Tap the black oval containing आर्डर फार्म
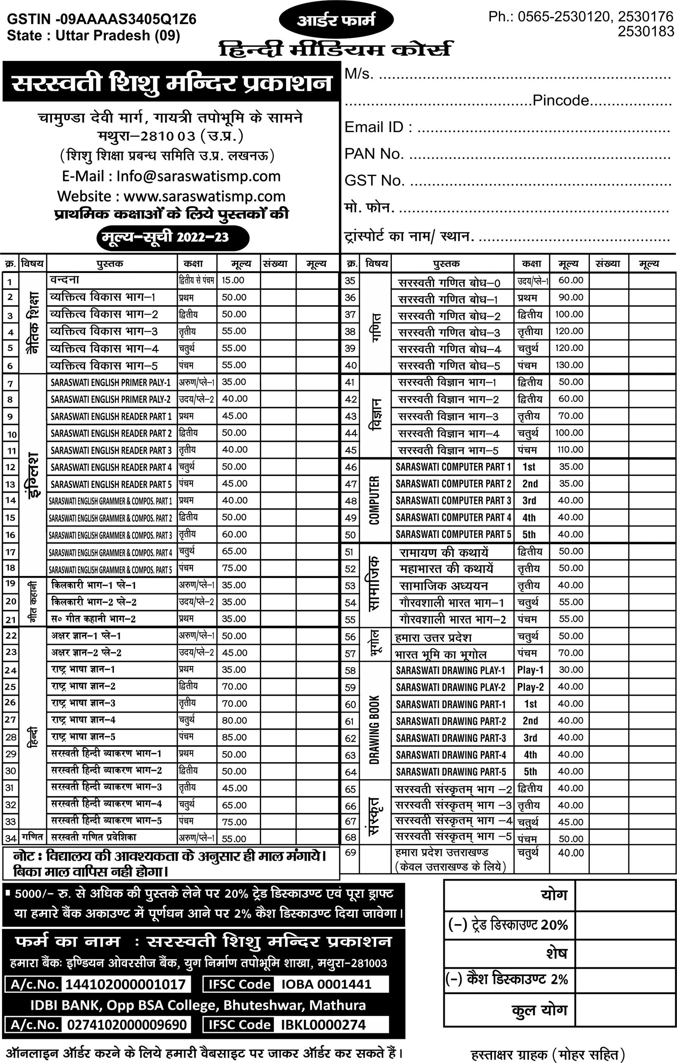tap(336, 20)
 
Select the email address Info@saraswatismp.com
tap(198, 176)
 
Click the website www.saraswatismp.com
tap(204, 196)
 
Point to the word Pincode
tap(561, 101)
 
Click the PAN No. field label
tap(374, 154)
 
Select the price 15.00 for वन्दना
tap(233, 280)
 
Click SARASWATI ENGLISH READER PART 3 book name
tap(111, 450)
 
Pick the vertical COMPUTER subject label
tap(374, 500)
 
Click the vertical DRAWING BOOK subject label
tap(374, 730)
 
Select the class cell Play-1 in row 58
tap(530, 670)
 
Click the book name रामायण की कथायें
tap(443, 552)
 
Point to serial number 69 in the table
tap(350, 852)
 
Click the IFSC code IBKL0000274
tap(323, 1024)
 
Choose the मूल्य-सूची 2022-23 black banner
tap(173, 237)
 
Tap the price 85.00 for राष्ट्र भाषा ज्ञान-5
tap(234, 737)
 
